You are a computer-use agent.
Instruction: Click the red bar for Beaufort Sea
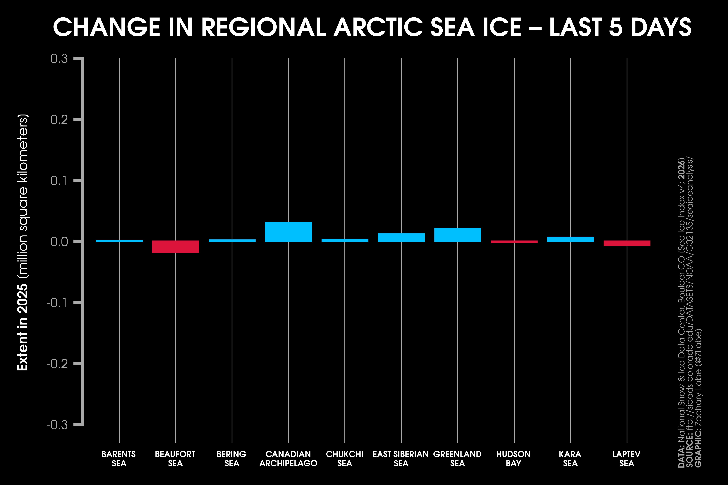[x=176, y=247]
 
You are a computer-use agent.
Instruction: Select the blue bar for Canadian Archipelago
[x=289, y=232]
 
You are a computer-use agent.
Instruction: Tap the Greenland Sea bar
[x=458, y=235]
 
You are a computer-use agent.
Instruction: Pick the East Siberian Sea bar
[x=401, y=238]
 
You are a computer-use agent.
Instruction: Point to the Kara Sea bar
[x=571, y=239]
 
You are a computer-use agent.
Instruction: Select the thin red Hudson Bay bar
[x=514, y=242]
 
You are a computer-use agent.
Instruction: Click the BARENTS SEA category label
[x=119, y=459]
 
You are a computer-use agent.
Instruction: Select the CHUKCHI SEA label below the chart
[x=344, y=459]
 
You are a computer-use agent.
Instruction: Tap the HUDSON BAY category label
[x=514, y=459]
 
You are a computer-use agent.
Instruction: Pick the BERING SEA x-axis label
[x=231, y=459]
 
